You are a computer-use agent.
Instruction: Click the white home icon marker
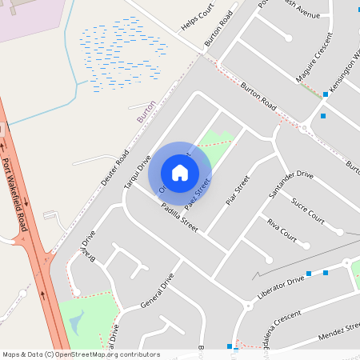[180, 172]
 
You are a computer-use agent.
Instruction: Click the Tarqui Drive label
[137, 173]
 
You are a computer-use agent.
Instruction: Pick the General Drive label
[157, 292]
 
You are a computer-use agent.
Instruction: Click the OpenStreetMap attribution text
[80, 354]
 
